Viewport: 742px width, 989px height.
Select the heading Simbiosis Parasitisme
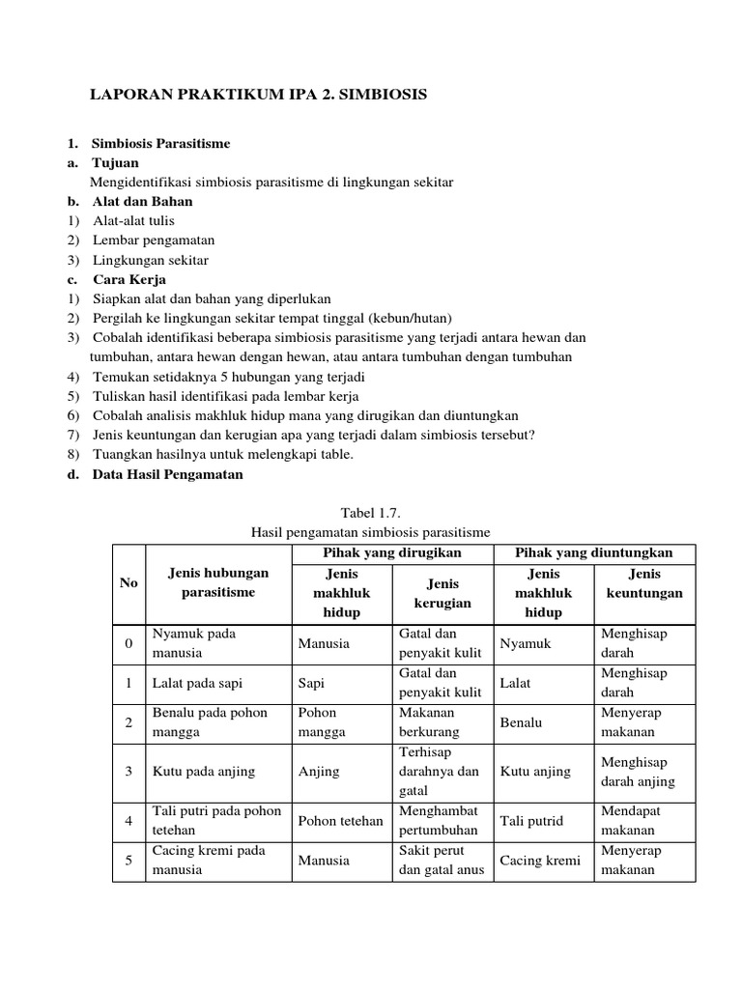[161, 143]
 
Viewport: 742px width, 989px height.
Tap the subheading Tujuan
[116, 162]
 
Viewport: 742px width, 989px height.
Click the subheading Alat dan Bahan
[143, 201]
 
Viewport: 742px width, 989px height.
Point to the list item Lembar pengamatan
[154, 240]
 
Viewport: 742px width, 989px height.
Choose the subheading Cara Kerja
[129, 279]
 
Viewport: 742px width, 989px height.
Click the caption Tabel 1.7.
[370, 512]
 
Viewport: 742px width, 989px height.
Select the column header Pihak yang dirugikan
[392, 552]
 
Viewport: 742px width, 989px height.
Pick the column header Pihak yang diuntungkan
[594, 552]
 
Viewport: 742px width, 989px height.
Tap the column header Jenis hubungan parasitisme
[218, 582]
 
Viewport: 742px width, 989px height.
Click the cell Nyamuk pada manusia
[194, 643]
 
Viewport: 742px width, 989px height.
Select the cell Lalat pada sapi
[197, 683]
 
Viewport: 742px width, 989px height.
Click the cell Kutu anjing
[535, 772]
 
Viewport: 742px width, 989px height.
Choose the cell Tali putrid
[532, 821]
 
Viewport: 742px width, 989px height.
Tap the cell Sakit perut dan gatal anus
[440, 861]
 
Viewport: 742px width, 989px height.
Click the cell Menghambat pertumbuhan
[439, 821]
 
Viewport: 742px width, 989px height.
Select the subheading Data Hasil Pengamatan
[168, 474]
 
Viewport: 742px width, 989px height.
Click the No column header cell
[128, 583]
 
